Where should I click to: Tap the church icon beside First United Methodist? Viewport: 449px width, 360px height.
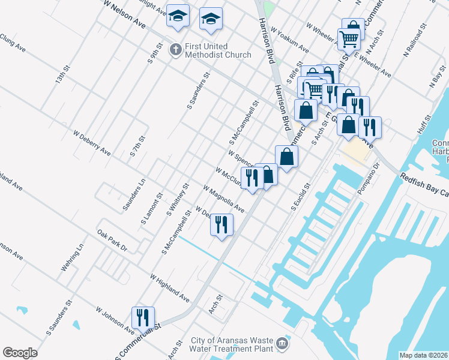(175, 49)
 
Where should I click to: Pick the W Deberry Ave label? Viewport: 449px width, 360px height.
(92, 142)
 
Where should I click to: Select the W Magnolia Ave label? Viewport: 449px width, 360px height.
(223, 199)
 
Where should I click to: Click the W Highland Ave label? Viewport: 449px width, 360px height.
(170, 289)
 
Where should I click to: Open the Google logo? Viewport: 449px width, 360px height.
(20, 353)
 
